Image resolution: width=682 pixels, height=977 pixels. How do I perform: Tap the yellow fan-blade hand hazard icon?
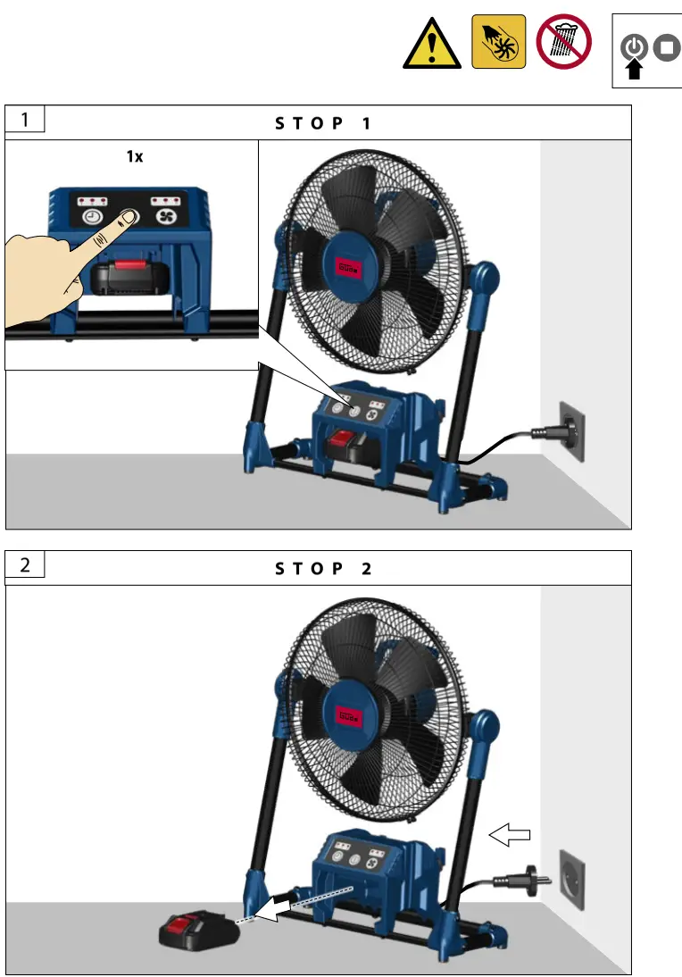[497, 42]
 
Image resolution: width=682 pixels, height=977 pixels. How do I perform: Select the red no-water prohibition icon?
[562, 42]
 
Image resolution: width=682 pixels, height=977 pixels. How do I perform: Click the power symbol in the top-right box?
[634, 47]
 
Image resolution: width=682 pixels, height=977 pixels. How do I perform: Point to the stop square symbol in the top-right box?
[666, 47]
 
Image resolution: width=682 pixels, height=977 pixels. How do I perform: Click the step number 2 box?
[25, 564]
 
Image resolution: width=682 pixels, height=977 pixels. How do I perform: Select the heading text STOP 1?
[322, 123]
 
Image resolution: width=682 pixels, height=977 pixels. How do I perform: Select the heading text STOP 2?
[322, 568]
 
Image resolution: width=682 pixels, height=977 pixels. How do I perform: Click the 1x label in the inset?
[133, 156]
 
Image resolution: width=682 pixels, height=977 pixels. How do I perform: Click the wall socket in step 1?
[572, 431]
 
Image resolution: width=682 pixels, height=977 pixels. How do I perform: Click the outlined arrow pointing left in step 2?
[511, 834]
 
